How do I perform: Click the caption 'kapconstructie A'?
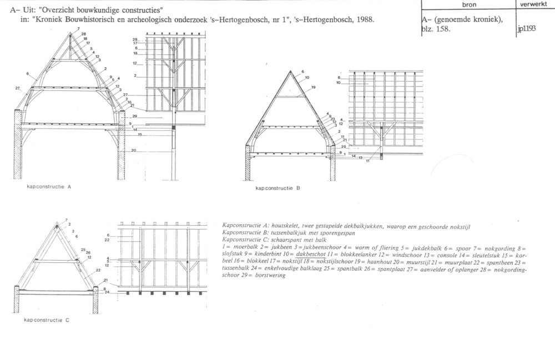pyautogui.click(x=49, y=187)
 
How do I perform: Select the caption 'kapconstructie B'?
pyautogui.click(x=277, y=188)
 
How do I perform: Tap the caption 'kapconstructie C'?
pyautogui.click(x=48, y=320)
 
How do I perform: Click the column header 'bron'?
pyautogui.click(x=468, y=4)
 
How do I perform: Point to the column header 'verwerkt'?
pyautogui.click(x=532, y=4)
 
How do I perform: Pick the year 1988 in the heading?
pyautogui.click(x=361, y=21)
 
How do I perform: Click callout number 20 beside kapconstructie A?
pyautogui.click(x=134, y=150)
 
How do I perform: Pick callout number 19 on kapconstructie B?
pyautogui.click(x=313, y=88)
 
